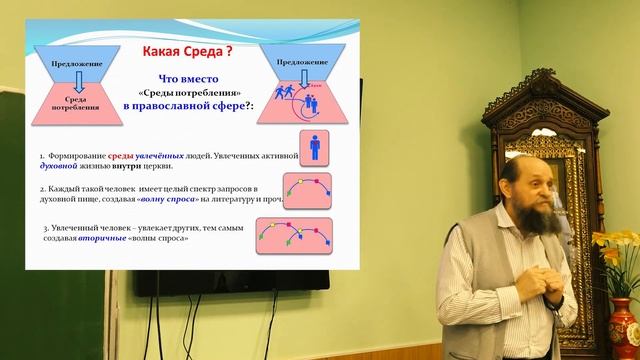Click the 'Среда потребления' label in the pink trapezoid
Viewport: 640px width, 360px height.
68,103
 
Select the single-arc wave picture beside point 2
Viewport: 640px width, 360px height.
310,187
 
